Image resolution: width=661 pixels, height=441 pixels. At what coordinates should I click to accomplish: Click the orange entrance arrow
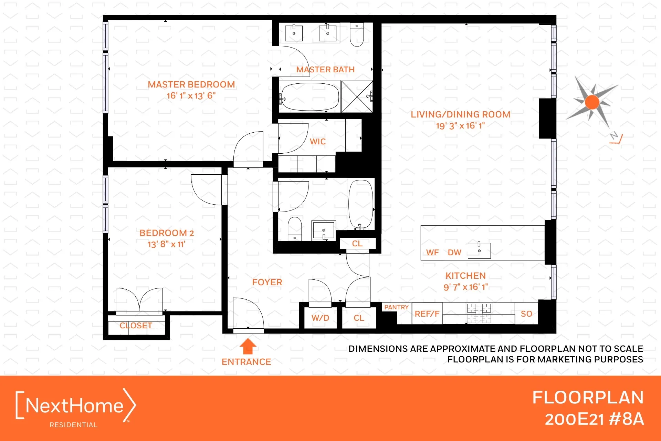coord(248,347)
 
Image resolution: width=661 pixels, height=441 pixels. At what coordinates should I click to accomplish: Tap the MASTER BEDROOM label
coord(191,84)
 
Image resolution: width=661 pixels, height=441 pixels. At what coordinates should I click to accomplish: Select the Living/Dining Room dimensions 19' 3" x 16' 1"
coord(460,126)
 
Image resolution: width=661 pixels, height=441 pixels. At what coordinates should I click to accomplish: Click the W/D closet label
coord(320,318)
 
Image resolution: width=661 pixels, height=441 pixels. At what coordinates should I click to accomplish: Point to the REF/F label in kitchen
coord(427,314)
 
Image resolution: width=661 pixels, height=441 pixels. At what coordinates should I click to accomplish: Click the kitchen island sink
coord(479,250)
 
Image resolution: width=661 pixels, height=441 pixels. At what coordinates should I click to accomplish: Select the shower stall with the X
coord(357,96)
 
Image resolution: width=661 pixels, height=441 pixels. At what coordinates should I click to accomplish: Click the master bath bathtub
coord(310,97)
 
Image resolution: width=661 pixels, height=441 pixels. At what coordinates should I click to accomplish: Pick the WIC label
coord(317,142)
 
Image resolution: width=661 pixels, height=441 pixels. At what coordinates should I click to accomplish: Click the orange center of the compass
coord(592,102)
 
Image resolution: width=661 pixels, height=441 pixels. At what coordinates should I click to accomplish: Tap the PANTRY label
coord(396,307)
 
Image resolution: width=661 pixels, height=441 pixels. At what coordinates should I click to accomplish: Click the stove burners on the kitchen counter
coord(479,308)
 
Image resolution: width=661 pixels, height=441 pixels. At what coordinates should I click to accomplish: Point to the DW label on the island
coord(454,253)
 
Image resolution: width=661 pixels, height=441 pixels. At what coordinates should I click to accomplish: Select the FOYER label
coord(267,282)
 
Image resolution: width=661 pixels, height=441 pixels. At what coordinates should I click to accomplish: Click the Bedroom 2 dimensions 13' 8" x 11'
coord(166,244)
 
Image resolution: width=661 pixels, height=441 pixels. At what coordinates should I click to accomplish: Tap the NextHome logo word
coord(74,406)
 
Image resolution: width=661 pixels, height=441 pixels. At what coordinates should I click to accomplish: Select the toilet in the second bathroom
coord(295,228)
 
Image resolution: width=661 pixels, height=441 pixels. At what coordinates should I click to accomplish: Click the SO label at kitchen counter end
coord(526,314)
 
